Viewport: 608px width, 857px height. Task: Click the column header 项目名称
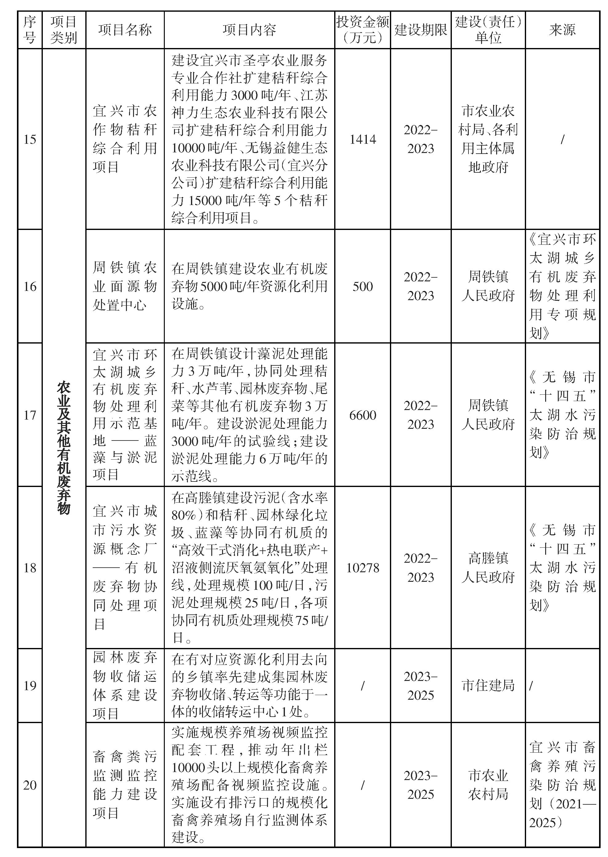(125, 30)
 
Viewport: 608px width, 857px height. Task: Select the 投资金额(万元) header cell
(363, 30)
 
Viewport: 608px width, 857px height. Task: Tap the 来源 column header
(562, 30)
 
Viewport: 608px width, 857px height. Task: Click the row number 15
(30, 139)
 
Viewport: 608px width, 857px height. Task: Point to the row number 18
(30, 568)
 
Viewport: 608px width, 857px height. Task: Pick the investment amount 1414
(363, 139)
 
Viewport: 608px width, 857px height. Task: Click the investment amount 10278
(363, 568)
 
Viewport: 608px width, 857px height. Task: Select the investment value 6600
(363, 415)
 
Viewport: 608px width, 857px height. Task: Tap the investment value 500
(363, 287)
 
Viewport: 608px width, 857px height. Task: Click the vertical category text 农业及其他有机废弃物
(64, 447)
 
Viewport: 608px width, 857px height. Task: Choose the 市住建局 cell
(488, 686)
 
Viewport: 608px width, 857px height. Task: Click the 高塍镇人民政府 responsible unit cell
(488, 568)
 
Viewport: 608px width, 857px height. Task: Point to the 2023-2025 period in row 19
(420, 686)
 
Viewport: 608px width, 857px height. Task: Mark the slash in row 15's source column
(562, 139)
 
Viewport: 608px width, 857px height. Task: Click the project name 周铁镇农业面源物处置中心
(125, 287)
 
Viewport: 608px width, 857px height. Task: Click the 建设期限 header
(420, 30)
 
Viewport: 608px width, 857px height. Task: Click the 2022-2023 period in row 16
(420, 287)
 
